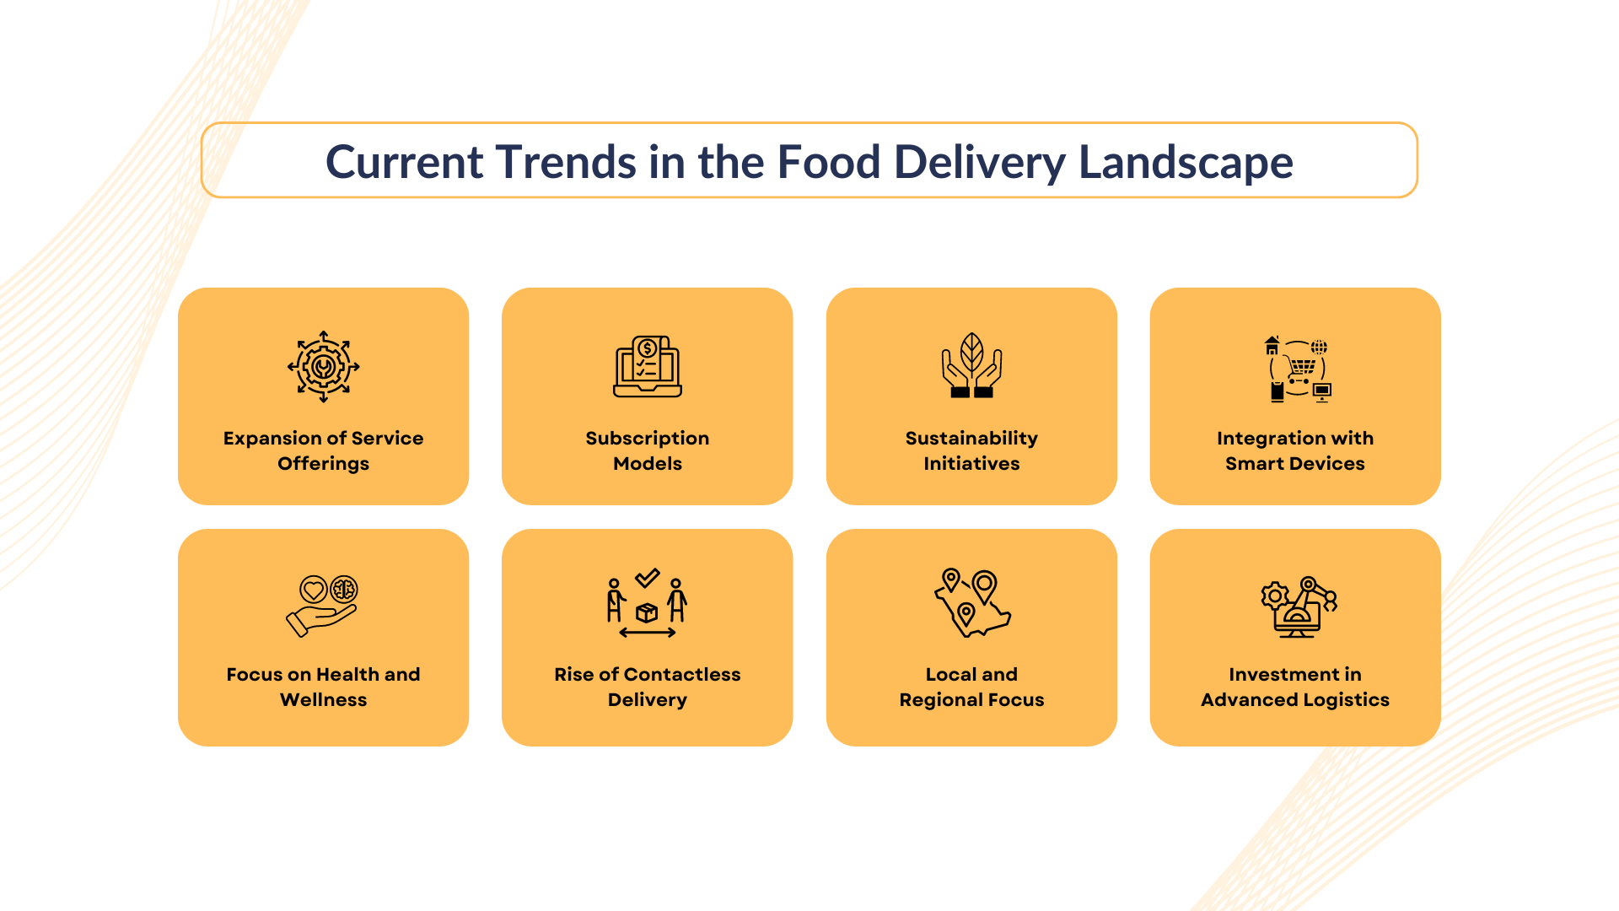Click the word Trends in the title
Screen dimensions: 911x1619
tap(565, 162)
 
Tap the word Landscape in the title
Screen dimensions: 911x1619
tap(1186, 162)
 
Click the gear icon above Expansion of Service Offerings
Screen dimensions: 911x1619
tap(323, 367)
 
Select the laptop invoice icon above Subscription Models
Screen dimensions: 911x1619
tap(647, 367)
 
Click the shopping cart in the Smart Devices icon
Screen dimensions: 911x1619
tap(1302, 366)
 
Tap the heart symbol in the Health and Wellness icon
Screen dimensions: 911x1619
tap(314, 589)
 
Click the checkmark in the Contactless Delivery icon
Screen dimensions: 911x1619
tap(648, 578)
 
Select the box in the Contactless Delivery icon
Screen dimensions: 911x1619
tap(647, 613)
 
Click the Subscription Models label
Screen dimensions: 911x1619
tap(647, 450)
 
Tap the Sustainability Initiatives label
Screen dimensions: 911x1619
tap(971, 450)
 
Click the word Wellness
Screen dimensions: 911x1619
tap(323, 700)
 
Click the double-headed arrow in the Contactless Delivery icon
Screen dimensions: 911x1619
tap(647, 633)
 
